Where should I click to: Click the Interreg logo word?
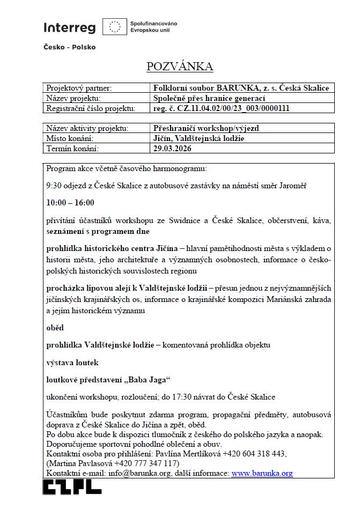tap(69, 27)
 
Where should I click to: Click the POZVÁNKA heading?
tap(180, 67)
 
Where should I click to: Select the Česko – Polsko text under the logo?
tap(69, 47)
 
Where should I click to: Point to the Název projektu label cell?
tap(74, 98)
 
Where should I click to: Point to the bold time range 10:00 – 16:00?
tap(70, 203)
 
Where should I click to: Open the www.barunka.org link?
tap(261, 474)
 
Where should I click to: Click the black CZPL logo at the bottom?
tap(72, 486)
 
